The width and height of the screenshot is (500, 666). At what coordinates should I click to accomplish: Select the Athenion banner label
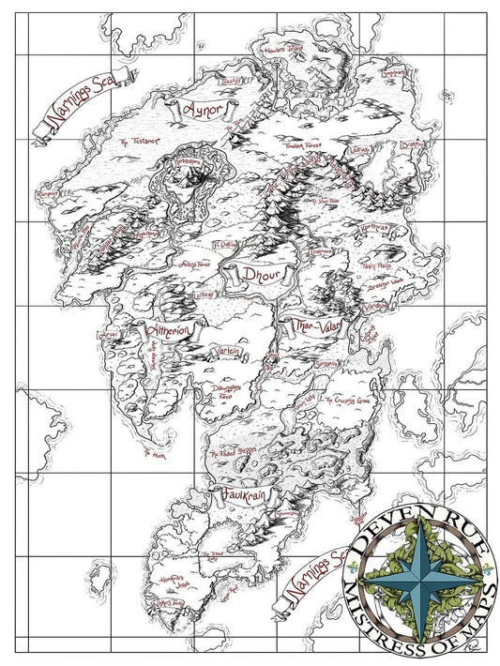click(170, 330)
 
